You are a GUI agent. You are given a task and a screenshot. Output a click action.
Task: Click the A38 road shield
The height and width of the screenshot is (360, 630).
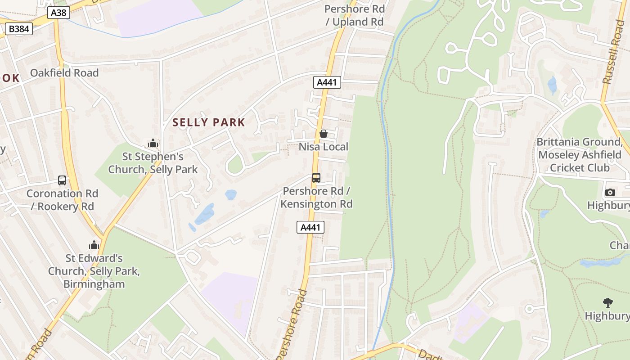click(58, 13)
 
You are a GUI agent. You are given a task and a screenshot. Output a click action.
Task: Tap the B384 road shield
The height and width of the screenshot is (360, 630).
click(18, 29)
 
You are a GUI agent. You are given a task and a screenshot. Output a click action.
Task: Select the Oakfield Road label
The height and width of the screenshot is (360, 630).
click(64, 73)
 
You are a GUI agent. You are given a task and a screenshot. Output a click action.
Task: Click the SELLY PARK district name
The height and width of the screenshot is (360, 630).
click(209, 122)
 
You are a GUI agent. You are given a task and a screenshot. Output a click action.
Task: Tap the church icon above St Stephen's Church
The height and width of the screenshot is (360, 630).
click(153, 144)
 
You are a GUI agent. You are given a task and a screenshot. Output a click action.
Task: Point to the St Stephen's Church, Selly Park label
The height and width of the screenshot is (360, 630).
click(153, 163)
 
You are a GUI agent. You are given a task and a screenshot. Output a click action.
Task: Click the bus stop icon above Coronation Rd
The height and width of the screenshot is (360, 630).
click(62, 180)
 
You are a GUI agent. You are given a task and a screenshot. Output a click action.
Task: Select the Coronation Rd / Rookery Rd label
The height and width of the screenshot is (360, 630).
click(62, 200)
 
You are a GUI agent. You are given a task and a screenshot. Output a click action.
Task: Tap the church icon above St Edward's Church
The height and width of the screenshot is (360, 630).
click(94, 245)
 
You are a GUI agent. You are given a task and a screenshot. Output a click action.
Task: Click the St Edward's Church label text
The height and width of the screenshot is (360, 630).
click(94, 271)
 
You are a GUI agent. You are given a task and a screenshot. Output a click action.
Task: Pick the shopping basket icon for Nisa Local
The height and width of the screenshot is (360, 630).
click(323, 134)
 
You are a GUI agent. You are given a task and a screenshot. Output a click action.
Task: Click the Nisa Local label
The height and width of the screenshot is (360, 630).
click(324, 147)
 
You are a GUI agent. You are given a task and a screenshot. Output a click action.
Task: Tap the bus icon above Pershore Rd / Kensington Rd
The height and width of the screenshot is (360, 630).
click(316, 178)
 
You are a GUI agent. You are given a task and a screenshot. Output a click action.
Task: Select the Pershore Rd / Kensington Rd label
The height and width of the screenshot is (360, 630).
click(316, 198)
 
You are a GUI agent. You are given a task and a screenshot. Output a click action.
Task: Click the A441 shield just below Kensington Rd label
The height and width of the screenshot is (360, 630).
click(310, 227)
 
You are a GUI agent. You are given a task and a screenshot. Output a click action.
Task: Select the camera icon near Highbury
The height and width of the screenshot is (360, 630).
click(610, 193)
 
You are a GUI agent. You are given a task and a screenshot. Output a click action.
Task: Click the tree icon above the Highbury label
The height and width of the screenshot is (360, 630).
click(608, 303)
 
